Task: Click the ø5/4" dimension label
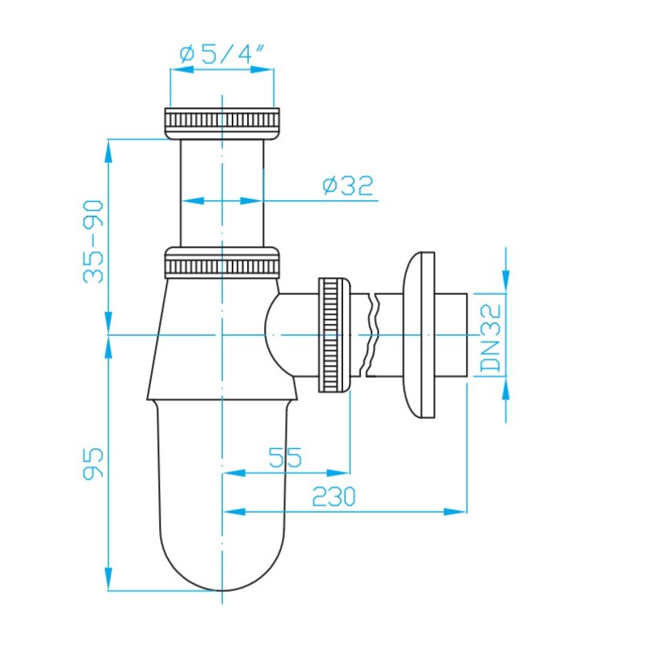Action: click(x=221, y=53)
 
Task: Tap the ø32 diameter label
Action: click(x=348, y=186)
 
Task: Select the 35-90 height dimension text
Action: click(x=93, y=241)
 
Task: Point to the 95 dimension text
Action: click(x=93, y=463)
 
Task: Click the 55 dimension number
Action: click(x=285, y=457)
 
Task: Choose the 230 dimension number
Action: click(x=333, y=496)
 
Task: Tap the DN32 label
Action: click(x=492, y=338)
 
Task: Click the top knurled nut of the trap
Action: click(x=222, y=124)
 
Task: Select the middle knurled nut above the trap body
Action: click(x=222, y=262)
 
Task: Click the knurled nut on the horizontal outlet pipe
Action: click(x=333, y=335)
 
